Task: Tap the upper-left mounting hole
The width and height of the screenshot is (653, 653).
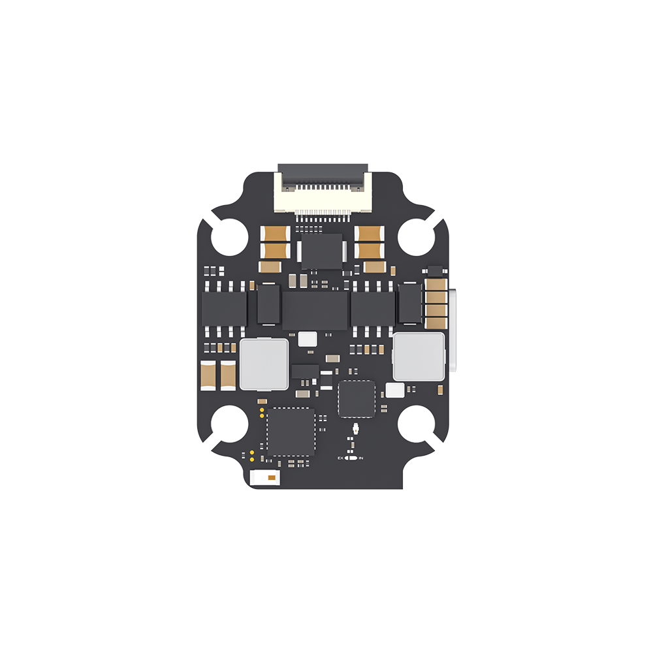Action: pyautogui.click(x=229, y=236)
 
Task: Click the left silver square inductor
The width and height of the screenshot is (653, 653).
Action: pyautogui.click(x=264, y=363)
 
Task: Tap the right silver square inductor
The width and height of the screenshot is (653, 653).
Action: pyautogui.click(x=418, y=357)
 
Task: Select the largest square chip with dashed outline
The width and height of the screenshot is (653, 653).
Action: pyautogui.click(x=290, y=432)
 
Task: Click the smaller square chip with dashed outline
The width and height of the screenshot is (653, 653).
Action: pyautogui.click(x=357, y=398)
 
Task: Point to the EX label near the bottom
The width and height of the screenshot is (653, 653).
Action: pyautogui.click(x=340, y=458)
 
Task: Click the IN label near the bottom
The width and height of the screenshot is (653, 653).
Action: pyautogui.click(x=361, y=458)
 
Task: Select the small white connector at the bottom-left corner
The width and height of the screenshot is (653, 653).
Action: pyautogui.click(x=266, y=478)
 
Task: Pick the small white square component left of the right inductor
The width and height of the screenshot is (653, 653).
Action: pyautogui.click(x=395, y=390)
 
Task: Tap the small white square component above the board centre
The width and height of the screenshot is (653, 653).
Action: pyautogui.click(x=307, y=339)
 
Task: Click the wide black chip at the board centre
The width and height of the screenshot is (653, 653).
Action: pyautogui.click(x=315, y=310)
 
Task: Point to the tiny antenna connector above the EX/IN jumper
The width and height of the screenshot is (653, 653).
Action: pyautogui.click(x=356, y=430)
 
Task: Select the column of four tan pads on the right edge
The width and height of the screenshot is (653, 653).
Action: pyautogui.click(x=434, y=304)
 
